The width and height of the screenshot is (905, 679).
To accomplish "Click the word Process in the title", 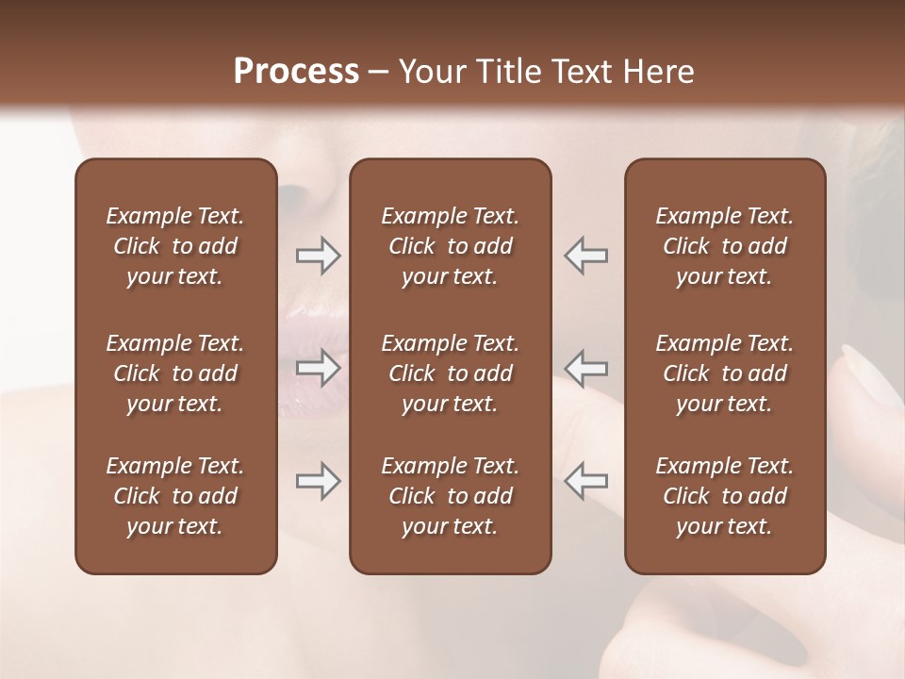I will click(x=296, y=72).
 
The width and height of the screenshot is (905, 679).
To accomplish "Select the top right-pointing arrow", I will click(x=319, y=256).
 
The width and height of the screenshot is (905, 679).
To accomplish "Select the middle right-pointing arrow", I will click(x=319, y=368).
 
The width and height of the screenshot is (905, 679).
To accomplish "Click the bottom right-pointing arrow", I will click(x=319, y=481).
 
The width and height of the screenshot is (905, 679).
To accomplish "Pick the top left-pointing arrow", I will click(x=585, y=256).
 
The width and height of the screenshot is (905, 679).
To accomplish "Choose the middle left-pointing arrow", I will click(x=585, y=368).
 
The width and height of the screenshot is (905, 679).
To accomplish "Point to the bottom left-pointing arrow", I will click(x=585, y=481).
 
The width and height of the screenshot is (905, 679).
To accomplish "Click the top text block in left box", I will click(x=175, y=246).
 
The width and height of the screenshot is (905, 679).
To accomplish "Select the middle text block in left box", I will click(x=175, y=373).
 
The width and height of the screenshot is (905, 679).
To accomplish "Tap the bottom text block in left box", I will click(x=175, y=496).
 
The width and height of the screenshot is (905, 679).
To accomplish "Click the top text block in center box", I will click(x=450, y=246).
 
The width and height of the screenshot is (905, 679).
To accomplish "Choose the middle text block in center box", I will click(x=450, y=373).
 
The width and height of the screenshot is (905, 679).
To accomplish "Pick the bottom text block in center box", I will click(x=450, y=496).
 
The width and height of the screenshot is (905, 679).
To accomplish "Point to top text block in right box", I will click(x=724, y=246).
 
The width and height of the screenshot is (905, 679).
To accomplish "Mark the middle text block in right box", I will click(x=724, y=373).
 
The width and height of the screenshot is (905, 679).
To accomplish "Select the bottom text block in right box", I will click(x=724, y=496).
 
